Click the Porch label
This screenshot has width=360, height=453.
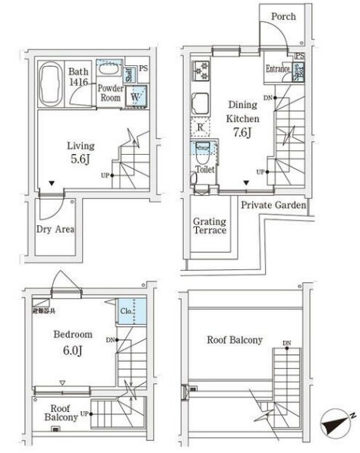tap(283, 17)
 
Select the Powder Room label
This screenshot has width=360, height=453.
tap(109, 93)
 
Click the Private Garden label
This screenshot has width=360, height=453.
tap(273, 205)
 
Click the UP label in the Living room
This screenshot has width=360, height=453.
tap(105, 176)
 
